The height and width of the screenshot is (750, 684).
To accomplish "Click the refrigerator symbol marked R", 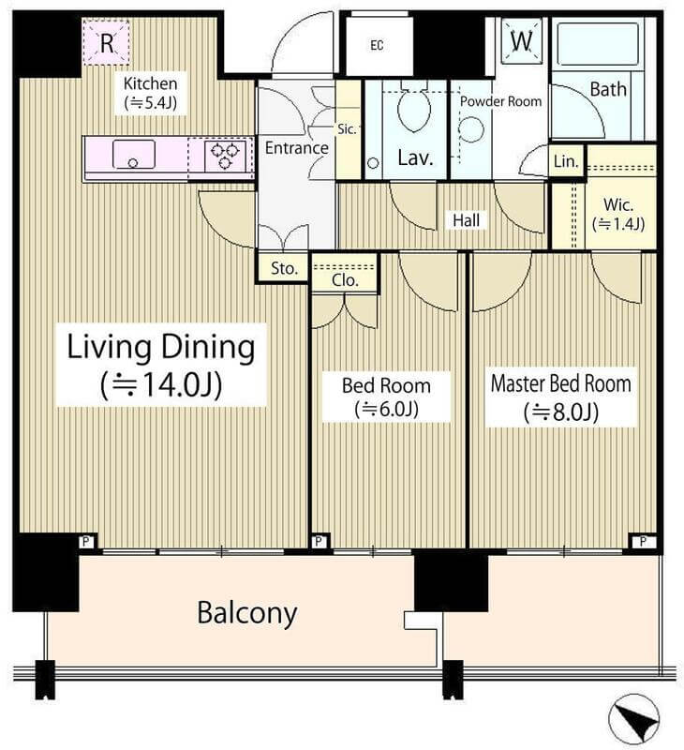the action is [106, 42].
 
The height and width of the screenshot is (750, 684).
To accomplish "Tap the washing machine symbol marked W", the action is [522, 40].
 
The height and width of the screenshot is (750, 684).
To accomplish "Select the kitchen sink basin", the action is [133, 154].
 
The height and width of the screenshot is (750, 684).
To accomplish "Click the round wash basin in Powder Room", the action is [470, 129].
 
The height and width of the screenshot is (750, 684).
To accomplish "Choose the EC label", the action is [377, 45].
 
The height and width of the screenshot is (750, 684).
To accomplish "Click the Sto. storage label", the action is [284, 268].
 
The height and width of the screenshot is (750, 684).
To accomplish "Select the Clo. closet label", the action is [345, 279].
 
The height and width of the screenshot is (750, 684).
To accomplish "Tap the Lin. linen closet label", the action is [566, 161].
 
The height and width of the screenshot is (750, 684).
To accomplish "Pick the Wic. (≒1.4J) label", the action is [618, 214].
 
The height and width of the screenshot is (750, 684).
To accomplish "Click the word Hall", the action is [466, 220].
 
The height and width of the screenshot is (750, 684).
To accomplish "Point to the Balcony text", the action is [247, 614].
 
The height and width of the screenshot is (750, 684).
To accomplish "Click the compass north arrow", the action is [633, 720].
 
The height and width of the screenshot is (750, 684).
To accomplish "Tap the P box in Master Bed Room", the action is [643, 542].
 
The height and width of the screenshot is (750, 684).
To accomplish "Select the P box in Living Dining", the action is [86, 542].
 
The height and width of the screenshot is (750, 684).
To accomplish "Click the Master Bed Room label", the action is [561, 384].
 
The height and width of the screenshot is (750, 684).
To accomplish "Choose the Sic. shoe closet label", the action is [347, 129].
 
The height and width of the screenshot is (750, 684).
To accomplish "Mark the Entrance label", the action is [297, 148].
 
